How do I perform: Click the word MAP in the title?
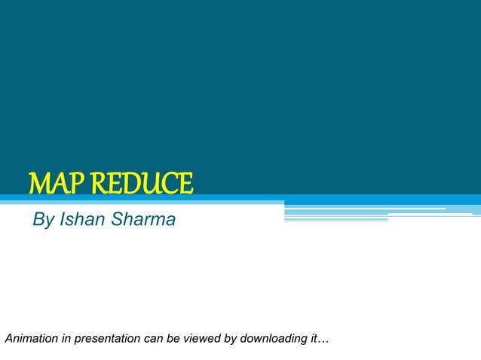pos(57,183)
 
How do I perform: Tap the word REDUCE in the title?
pos(141,183)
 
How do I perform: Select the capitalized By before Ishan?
pos(44,221)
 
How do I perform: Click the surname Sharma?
pos(143,220)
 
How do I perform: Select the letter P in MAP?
pos(75,183)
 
